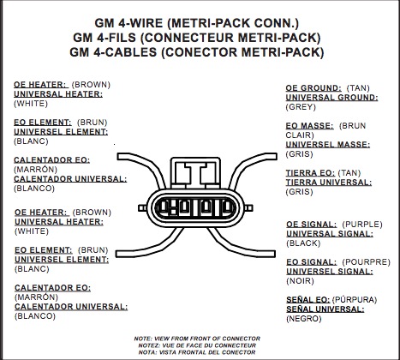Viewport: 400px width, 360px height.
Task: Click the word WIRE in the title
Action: click(x=149, y=23)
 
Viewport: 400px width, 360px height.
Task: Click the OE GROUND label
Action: click(x=313, y=88)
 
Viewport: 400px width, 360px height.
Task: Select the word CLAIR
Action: click(x=300, y=135)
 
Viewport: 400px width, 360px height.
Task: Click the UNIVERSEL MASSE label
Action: click(x=328, y=145)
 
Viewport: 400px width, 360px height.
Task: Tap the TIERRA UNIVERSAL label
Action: click(x=329, y=183)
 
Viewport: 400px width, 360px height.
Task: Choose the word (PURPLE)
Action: click(x=362, y=225)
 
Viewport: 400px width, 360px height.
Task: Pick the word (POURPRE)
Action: click(x=366, y=262)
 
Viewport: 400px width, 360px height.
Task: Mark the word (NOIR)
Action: click(x=300, y=281)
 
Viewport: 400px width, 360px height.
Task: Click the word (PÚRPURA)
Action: click(x=355, y=299)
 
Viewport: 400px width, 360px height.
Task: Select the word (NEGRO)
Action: click(x=304, y=319)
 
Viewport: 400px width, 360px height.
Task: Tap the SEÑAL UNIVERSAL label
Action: click(x=325, y=309)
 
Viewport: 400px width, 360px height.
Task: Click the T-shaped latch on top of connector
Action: click(x=195, y=173)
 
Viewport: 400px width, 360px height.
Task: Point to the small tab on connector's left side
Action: click(x=142, y=208)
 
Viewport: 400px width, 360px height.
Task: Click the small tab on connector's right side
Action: click(x=248, y=208)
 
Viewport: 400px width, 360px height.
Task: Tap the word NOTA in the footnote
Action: click(x=146, y=352)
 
